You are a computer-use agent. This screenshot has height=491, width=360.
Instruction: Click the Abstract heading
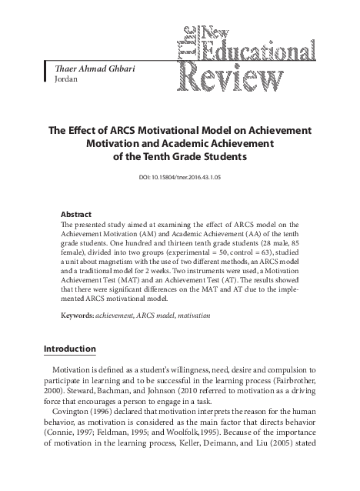[x=75, y=213]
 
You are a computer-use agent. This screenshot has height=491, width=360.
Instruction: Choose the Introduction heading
[x=69, y=349]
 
